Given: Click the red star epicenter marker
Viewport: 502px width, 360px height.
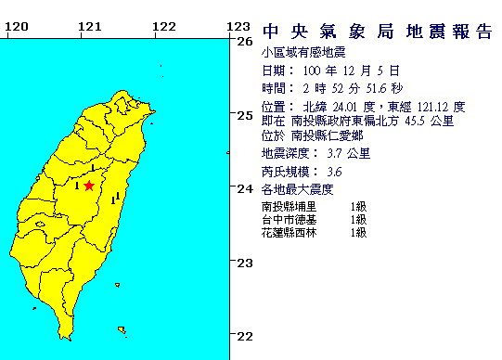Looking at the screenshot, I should [88, 186].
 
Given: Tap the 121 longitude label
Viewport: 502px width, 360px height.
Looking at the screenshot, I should [89, 25].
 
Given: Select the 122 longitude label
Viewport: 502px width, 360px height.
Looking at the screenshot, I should [163, 25].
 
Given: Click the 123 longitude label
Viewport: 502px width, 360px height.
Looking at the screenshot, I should [238, 25].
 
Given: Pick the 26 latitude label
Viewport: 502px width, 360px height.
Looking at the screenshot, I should [245, 41].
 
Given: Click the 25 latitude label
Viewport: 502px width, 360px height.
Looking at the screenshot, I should [245, 115].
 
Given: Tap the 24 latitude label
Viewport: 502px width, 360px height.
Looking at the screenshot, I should [245, 188].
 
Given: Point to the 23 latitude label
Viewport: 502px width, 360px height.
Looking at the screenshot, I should [245, 263].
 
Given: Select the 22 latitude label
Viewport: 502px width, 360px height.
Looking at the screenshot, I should [245, 336].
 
